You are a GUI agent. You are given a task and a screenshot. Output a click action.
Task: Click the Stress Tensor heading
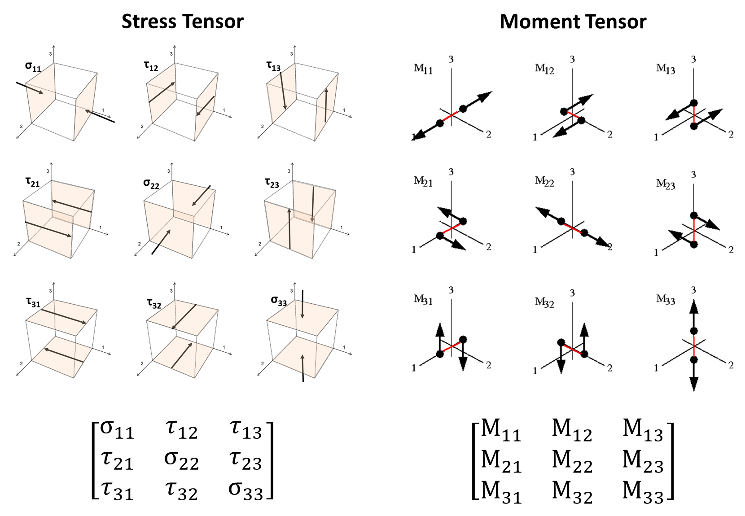click(x=182, y=22)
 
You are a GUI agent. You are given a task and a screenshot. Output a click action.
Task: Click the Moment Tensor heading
click(x=573, y=22)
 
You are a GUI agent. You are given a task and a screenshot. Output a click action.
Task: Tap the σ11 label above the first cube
click(x=33, y=67)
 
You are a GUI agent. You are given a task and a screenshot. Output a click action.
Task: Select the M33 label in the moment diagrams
click(x=666, y=299)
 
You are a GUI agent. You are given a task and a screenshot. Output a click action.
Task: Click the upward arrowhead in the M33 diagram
click(x=694, y=306)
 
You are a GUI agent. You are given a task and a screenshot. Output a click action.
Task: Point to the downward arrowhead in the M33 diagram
click(x=694, y=384)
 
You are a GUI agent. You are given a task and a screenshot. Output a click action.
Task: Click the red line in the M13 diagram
click(x=694, y=115)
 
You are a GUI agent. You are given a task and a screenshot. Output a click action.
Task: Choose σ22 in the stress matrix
click(x=181, y=460)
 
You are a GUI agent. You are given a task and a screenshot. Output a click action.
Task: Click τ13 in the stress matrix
click(x=245, y=429)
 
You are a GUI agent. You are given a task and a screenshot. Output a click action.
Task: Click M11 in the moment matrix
click(x=501, y=430)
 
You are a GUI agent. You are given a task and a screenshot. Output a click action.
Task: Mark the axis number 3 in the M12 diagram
click(x=572, y=59)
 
